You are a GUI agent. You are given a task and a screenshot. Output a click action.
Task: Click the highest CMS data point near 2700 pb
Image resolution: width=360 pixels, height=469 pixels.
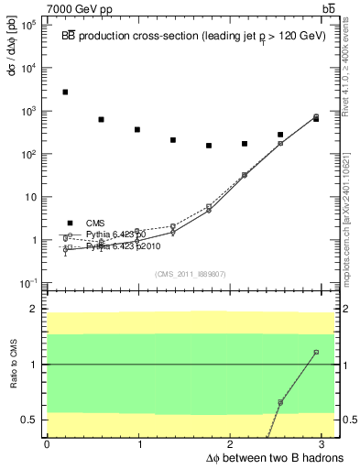click(x=65, y=93)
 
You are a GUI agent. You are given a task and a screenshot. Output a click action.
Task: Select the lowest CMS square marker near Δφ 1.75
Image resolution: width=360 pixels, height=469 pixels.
click(x=209, y=146)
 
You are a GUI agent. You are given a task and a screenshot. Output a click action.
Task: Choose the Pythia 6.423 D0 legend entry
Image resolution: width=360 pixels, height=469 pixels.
click(x=115, y=235)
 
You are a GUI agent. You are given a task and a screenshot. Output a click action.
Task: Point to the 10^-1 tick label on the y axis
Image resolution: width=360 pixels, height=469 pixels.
click(x=27, y=283)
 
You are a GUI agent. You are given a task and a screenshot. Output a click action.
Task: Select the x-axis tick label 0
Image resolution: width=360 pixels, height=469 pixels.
click(x=47, y=442)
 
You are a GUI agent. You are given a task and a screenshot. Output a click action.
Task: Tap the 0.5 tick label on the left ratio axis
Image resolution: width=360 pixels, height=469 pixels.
click(x=28, y=420)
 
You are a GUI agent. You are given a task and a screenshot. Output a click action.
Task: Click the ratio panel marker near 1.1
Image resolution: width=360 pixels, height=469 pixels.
click(x=316, y=352)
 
